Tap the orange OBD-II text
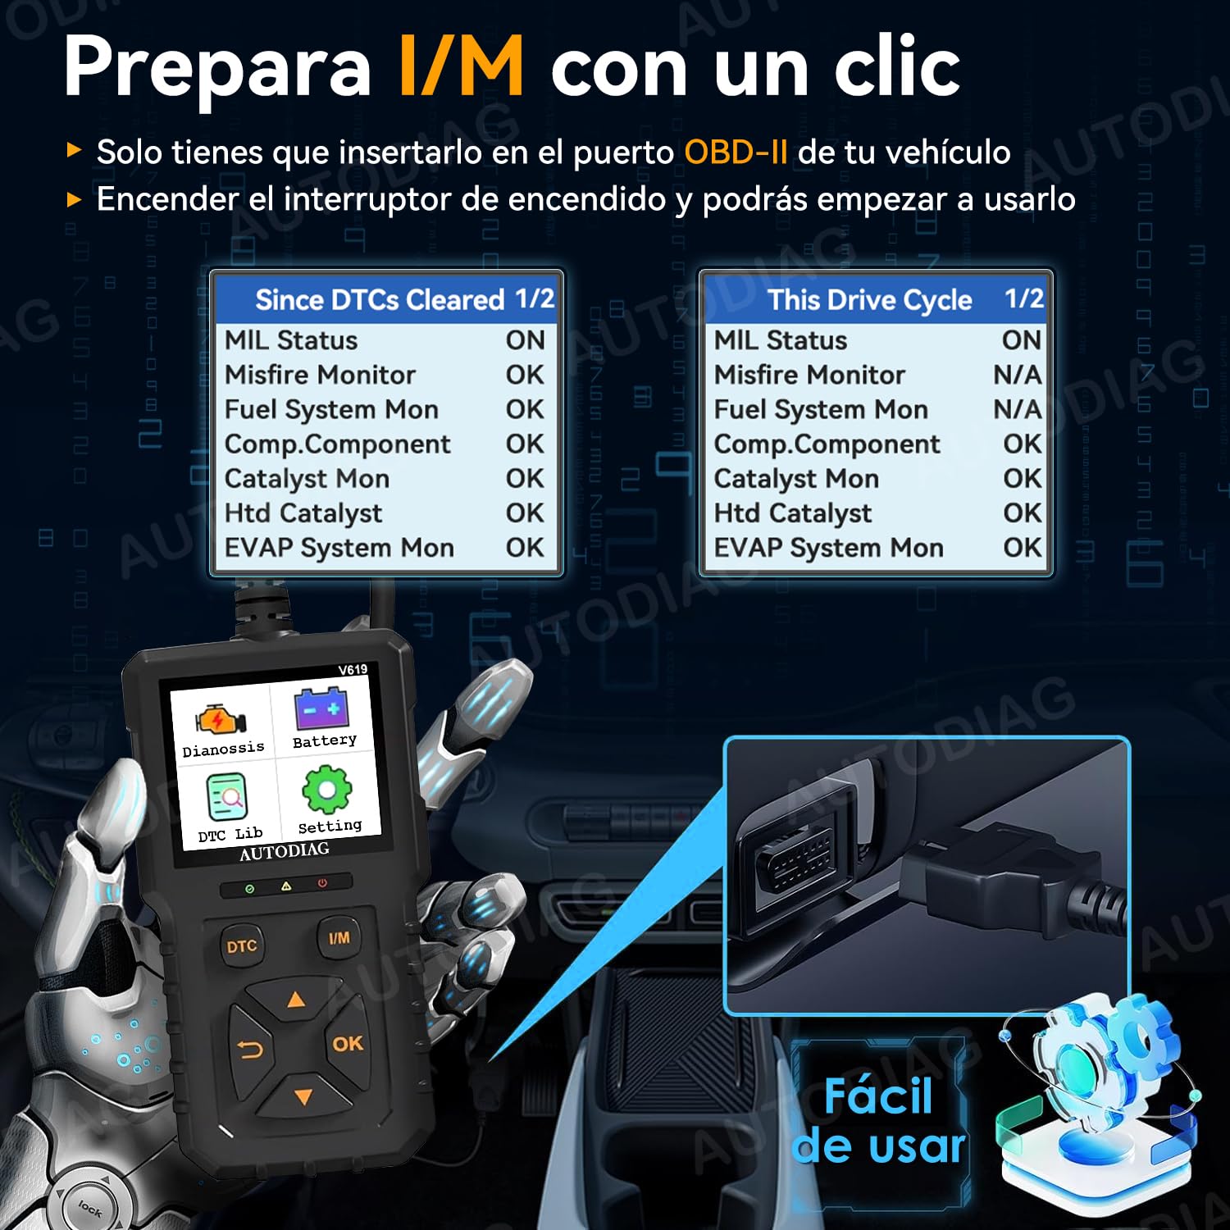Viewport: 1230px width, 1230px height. (736, 153)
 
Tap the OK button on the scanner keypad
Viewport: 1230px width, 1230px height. (348, 1044)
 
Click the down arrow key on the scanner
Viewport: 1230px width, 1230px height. (303, 1096)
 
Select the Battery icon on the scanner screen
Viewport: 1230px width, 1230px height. (322, 707)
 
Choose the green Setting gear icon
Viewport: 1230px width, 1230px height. (327, 790)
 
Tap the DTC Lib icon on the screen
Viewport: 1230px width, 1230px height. (226, 797)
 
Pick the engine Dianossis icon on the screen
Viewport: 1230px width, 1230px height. (219, 719)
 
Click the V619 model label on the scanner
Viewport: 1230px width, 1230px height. (353, 670)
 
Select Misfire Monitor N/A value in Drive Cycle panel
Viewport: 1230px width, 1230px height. (1018, 375)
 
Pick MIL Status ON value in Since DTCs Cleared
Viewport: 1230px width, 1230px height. (525, 340)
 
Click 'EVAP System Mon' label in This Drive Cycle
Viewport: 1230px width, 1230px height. (828, 548)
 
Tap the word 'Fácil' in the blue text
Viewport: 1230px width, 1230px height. (877, 1096)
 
